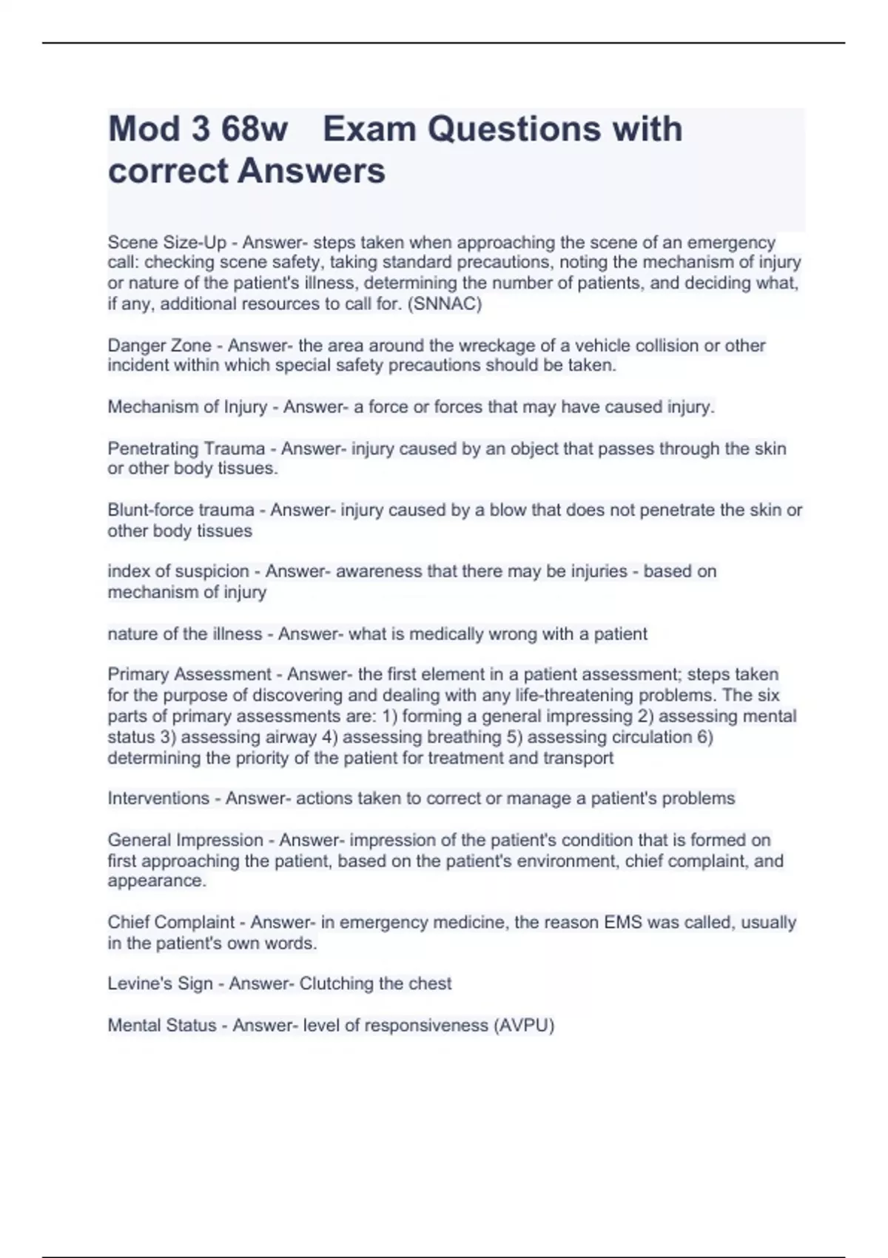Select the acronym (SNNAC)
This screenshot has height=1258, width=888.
pyautogui.click(x=445, y=304)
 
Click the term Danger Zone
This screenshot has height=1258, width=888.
pyautogui.click(x=159, y=346)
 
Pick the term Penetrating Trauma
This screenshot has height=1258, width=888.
pyautogui.click(x=186, y=448)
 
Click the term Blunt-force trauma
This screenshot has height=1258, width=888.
pyautogui.click(x=181, y=510)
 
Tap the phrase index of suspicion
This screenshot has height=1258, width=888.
pyautogui.click(x=178, y=571)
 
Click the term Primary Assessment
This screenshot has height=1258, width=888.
pyautogui.click(x=189, y=675)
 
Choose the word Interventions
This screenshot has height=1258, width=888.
pyautogui.click(x=158, y=798)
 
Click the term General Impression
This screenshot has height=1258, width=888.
pyautogui.click(x=185, y=841)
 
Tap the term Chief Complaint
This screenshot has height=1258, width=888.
pyautogui.click(x=171, y=923)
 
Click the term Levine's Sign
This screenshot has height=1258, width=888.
pyautogui.click(x=160, y=984)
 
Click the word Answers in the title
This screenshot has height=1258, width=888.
pyautogui.click(x=311, y=171)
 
